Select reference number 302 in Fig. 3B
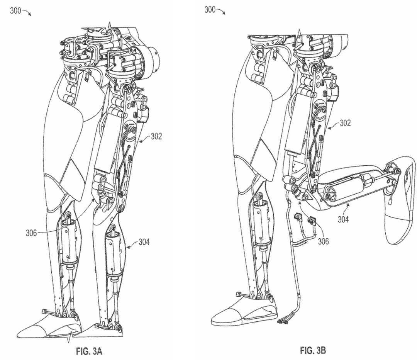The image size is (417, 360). pos(345,124)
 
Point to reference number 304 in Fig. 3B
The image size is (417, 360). pos(343,219)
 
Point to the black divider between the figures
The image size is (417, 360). pos(183,180)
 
